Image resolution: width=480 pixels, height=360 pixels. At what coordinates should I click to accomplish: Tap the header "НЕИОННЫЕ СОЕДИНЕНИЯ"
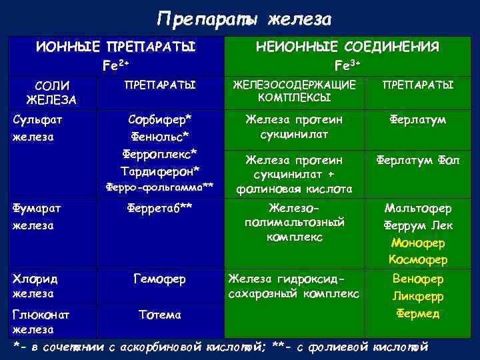347,47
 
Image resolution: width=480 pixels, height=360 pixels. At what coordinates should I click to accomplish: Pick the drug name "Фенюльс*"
161,137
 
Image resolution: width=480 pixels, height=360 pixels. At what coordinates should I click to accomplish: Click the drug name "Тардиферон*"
161,171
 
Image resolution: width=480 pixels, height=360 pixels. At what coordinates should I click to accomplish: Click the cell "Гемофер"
161,278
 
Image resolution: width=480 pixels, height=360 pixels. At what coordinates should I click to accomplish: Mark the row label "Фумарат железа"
37,216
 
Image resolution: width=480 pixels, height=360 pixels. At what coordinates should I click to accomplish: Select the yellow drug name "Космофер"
419,259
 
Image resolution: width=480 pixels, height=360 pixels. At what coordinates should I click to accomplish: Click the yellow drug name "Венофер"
418,278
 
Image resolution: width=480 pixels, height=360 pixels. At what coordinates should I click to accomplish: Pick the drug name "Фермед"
418,313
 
